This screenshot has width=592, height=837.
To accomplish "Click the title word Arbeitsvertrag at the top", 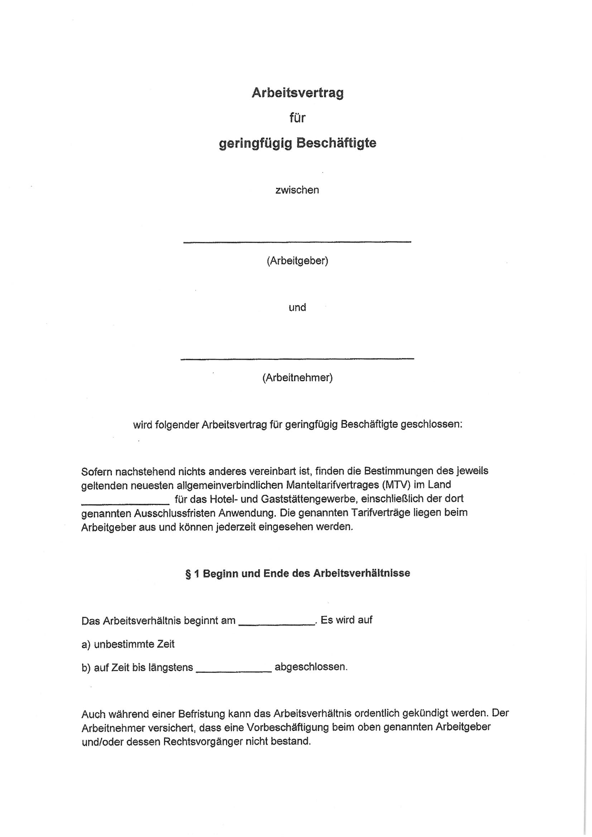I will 297,93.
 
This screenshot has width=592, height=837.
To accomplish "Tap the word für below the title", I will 297,118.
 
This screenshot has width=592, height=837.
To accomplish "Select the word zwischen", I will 297,190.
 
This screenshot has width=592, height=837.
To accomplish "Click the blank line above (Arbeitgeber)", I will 297,241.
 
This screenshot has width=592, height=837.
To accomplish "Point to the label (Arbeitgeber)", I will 297,261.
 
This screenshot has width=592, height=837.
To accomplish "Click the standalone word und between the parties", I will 297,307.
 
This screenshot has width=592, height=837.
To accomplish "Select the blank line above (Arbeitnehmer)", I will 297,359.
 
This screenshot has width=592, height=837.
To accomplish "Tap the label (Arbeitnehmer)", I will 297,378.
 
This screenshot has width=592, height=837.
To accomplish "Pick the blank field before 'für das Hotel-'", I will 125,504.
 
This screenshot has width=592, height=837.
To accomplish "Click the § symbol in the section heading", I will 188,574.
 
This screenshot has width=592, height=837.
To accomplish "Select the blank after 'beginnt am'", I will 276,625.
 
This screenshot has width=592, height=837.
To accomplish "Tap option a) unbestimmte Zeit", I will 128,644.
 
